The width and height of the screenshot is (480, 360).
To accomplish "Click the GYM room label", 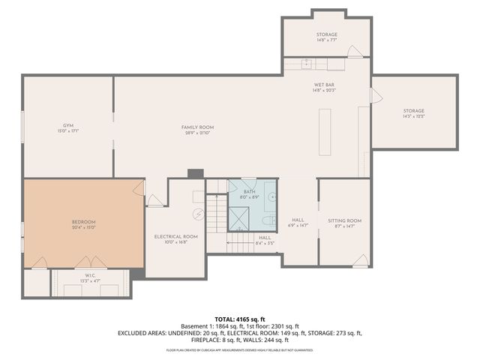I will [68, 125].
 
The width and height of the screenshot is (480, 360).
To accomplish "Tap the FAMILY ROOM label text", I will [198, 127].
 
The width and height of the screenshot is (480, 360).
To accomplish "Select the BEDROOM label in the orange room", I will [84, 221].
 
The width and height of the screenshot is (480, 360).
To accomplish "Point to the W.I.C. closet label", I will [90, 276].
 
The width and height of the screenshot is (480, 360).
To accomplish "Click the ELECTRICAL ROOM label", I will [175, 236].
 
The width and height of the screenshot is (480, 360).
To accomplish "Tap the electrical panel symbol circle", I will [198, 214].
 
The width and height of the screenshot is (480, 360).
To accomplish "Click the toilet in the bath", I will [268, 220].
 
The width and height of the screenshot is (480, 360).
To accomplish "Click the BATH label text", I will [250, 192].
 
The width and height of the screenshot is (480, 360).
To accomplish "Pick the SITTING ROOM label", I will [344, 220].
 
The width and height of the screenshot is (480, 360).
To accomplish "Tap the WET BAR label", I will [325, 85].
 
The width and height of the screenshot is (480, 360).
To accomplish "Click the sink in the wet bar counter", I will [307, 63].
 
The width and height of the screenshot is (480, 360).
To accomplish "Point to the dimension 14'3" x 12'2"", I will [414, 116].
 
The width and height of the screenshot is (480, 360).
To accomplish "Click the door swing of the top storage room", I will [353, 52].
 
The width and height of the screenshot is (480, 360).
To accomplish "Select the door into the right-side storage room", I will [376, 95].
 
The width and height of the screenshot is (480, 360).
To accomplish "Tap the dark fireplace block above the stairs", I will [196, 173].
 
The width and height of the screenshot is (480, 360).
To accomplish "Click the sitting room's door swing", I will [361, 260].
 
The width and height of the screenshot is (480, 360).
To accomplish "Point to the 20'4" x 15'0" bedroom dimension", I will [84, 227].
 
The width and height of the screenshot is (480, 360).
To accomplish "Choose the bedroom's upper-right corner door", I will [139, 187].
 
